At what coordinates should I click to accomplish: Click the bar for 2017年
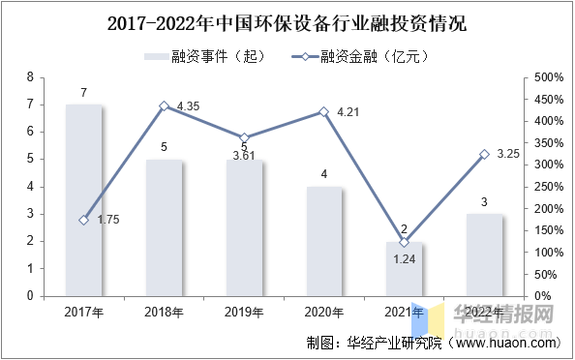click(84, 199)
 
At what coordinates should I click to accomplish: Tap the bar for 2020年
click(324, 241)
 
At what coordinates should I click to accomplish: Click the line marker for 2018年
click(165, 105)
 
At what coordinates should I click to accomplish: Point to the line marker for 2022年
click(485, 154)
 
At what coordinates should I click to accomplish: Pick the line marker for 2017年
click(84, 220)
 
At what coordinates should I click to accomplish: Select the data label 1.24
click(405, 258)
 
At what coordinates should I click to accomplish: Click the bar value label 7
click(84, 93)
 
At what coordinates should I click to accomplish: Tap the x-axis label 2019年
click(244, 312)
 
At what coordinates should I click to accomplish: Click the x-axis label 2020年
click(324, 312)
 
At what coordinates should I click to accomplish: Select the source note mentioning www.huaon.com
click(431, 343)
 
